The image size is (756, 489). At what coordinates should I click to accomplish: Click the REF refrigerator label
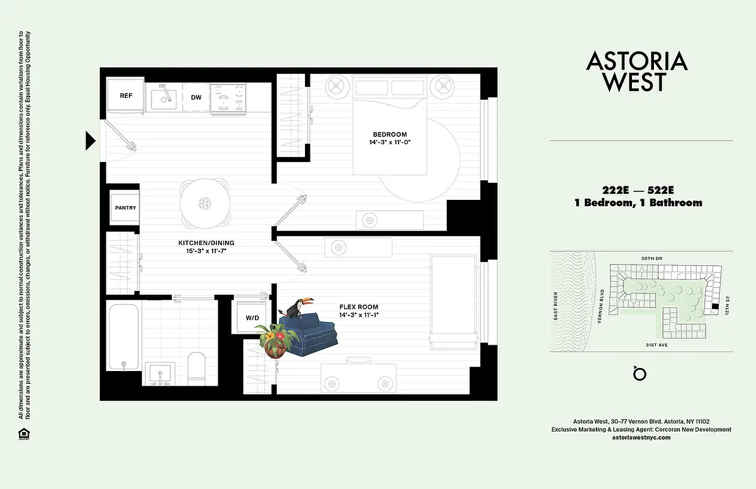126,96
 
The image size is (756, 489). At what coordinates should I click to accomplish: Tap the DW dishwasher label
196,97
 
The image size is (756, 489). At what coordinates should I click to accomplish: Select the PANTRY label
126,208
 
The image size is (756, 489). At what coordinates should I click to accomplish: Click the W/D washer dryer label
252,317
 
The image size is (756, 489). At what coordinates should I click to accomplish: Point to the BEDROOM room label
390,134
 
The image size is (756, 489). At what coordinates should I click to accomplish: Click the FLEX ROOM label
359,307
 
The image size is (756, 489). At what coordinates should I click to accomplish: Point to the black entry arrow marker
90,141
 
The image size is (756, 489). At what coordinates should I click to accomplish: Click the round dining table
204,202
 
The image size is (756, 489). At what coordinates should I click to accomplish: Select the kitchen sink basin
165,98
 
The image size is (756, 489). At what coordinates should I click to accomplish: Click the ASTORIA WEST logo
637,71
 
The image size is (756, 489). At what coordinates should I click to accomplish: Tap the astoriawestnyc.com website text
641,438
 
